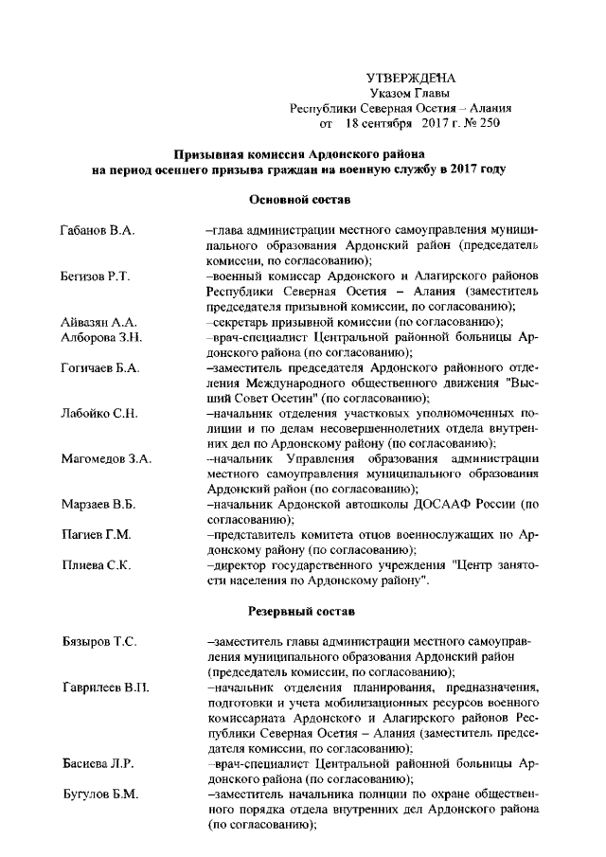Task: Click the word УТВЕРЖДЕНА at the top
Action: coord(411,77)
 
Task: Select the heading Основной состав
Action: coord(299,200)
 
